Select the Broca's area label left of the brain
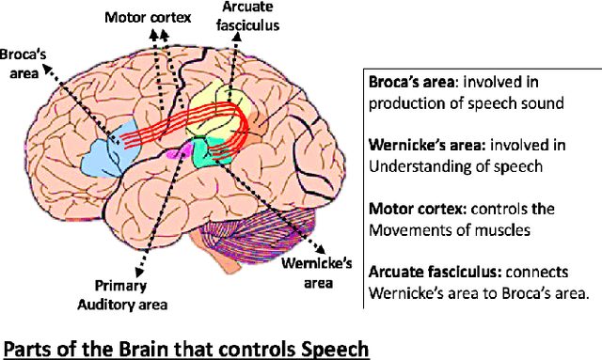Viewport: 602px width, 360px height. point(23,63)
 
